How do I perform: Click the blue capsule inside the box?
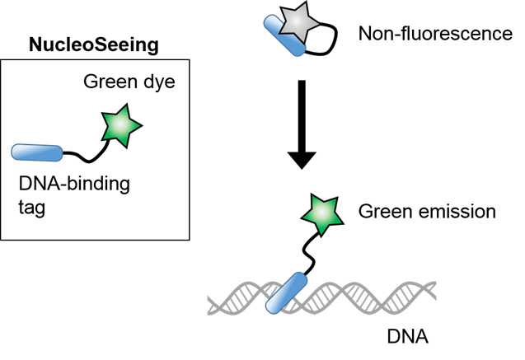[x=37, y=152]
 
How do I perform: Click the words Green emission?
[x=427, y=212]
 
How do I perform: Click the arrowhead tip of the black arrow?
[x=302, y=167]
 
